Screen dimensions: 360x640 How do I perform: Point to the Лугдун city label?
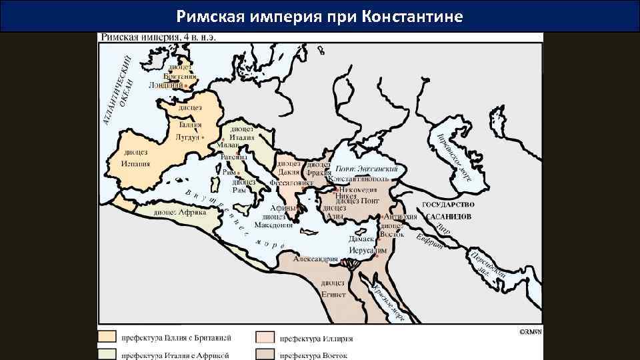pyautogui.click(x=187, y=137)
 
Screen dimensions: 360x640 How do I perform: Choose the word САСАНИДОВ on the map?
pyautogui.click(x=447, y=217)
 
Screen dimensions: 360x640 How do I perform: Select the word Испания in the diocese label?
pyautogui.click(x=136, y=163)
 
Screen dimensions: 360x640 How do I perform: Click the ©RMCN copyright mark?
pyautogui.click(x=530, y=331)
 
